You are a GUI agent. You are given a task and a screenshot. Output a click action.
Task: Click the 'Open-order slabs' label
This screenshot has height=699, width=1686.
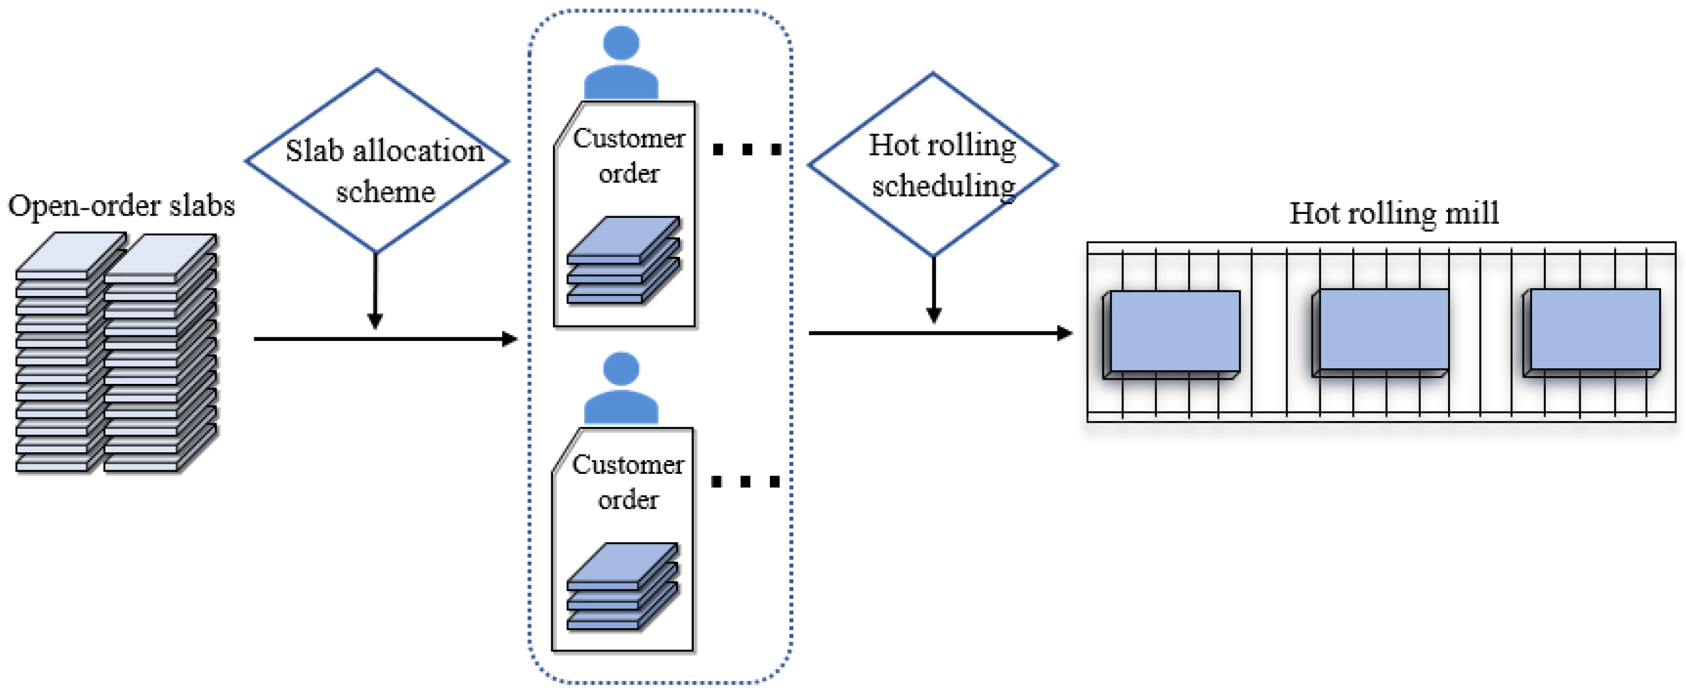click(122, 205)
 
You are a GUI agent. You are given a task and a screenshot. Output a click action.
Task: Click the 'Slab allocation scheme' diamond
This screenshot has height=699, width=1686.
click(376, 161)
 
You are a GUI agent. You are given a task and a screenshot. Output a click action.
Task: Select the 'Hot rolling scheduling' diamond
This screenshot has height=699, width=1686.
click(933, 164)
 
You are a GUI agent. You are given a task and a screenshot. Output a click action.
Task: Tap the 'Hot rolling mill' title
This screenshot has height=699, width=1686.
click(1394, 213)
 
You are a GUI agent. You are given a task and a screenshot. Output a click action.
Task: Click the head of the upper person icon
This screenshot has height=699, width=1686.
click(621, 43)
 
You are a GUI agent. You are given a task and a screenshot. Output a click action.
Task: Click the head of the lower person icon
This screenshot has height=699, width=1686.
click(621, 369)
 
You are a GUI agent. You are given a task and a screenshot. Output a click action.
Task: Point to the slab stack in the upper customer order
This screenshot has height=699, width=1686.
click(623, 261)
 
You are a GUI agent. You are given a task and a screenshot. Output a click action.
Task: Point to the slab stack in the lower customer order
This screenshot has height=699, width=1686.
click(622, 586)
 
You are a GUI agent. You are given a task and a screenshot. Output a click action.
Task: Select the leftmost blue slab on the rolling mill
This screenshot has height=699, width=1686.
click(1174, 332)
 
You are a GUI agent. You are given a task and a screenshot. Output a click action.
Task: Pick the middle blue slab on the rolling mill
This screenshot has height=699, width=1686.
click(1382, 331)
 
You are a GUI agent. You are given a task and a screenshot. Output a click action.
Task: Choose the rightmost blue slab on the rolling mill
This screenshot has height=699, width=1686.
click(1593, 331)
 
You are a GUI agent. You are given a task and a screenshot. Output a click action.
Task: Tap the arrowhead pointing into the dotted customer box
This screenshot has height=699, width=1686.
click(510, 339)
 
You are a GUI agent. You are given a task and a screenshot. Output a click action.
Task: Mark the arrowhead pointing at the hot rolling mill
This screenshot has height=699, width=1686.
click(1064, 333)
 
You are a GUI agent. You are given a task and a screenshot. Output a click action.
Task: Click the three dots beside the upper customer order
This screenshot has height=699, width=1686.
click(747, 150)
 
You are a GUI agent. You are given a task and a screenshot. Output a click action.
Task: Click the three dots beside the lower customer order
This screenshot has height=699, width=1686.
click(745, 482)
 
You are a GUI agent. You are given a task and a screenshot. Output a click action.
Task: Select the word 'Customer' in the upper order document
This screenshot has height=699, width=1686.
click(629, 139)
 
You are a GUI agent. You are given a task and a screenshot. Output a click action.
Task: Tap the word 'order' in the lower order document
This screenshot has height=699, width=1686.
click(628, 500)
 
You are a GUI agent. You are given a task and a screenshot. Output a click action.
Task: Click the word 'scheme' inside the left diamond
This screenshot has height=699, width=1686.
click(385, 192)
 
